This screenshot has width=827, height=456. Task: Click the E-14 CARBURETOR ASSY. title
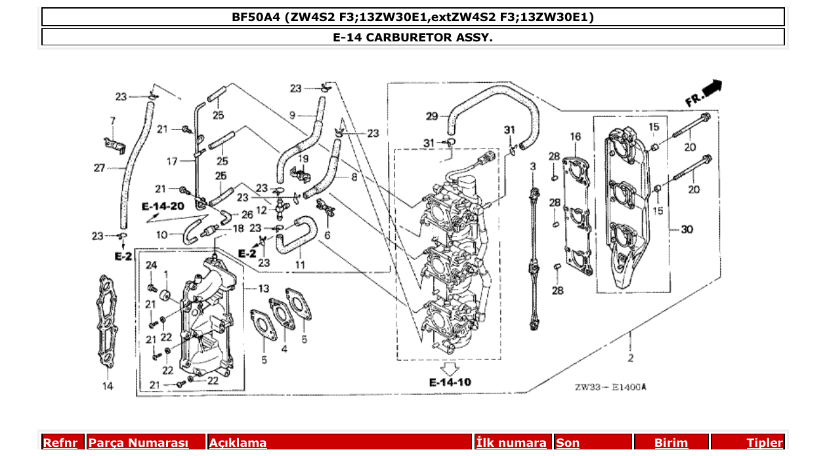(x=413, y=37)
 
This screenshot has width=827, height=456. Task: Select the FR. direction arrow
(x=704, y=93)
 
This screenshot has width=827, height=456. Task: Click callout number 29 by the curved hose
(x=431, y=117)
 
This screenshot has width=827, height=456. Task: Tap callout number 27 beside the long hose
(x=99, y=168)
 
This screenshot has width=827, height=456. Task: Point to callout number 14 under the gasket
(x=107, y=386)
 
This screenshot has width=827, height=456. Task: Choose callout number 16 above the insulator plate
(x=575, y=137)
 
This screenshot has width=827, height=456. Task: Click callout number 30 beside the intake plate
(x=687, y=229)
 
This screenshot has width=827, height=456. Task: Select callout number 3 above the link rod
(x=533, y=167)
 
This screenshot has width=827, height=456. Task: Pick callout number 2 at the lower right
(x=630, y=358)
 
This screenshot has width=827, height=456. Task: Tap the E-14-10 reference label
(x=450, y=382)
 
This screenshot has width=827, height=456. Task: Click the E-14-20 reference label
(x=163, y=206)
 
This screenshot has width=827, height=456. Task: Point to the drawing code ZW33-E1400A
(x=610, y=387)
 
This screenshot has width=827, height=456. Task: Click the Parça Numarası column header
(x=138, y=443)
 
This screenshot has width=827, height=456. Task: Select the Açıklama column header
(x=238, y=443)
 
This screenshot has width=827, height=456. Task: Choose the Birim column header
(x=671, y=443)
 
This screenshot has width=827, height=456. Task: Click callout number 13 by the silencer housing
(x=263, y=288)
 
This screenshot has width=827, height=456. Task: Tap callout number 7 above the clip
(x=112, y=121)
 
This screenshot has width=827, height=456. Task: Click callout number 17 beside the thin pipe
(x=172, y=161)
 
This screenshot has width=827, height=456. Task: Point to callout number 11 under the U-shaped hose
(x=300, y=265)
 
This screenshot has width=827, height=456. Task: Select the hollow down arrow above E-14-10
(x=450, y=367)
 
